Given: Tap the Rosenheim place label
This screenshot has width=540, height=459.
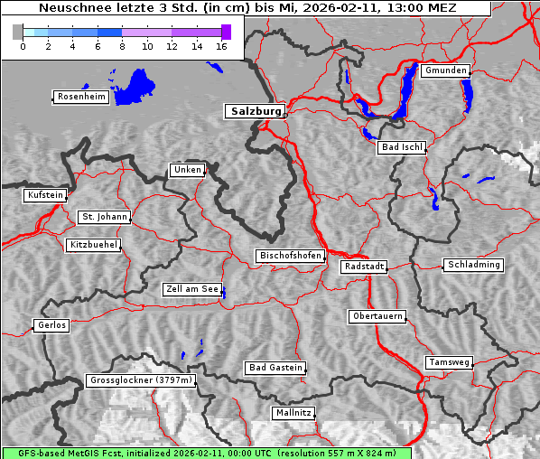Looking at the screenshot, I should point(80,97).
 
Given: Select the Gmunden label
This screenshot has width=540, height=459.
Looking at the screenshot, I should point(445,70).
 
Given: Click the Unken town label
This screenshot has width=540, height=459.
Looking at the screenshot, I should point(187,170).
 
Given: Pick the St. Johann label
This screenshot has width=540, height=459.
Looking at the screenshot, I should point(105,217).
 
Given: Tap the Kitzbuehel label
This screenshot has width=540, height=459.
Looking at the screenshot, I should point(93,245).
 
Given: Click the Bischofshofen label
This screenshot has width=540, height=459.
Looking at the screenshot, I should point(290,257).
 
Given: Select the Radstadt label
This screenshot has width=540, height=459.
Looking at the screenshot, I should point(364,267).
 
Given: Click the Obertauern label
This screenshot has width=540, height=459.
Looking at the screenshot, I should point(377,316).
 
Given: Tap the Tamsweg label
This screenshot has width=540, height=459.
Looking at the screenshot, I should point(449,362).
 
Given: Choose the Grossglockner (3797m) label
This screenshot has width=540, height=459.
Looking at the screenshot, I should point(141,381).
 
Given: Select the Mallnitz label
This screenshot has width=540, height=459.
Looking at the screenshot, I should point(293,413).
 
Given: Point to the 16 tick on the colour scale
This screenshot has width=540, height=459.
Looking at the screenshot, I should point(221,46).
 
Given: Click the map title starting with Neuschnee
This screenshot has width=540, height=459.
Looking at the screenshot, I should point(247,8).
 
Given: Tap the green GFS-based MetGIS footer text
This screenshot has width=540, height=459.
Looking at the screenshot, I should point(206,453).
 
